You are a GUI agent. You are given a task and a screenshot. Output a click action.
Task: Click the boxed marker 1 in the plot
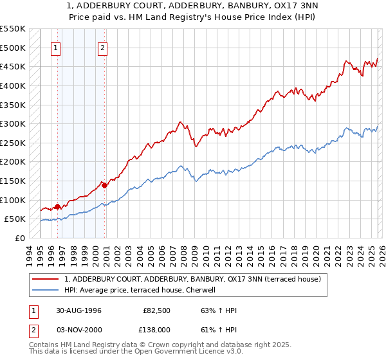pos(56,47)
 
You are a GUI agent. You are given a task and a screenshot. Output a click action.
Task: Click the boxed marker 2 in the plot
pos(103,47)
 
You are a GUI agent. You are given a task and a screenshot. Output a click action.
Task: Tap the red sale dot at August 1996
pos(58,206)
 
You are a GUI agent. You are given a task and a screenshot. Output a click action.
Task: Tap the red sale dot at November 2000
pos(105,185)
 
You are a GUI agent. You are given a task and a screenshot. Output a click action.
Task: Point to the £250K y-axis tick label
pos(13,143)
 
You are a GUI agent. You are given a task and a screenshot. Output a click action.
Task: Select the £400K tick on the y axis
pos(13,85)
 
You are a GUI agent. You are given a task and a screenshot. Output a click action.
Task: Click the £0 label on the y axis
pos(20,238)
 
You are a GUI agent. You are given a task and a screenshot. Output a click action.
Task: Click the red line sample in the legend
pos(46,279)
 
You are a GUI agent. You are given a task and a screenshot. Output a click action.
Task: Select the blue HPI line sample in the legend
pos(46,290)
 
